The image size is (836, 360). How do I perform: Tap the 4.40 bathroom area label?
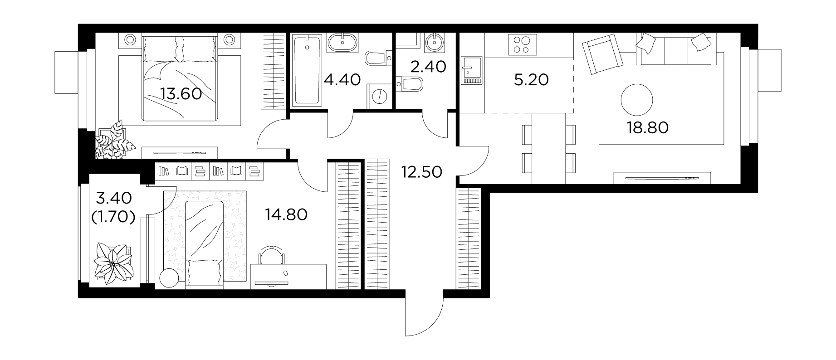342,80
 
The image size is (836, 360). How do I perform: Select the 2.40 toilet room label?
428,67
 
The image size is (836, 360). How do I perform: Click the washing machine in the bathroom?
378,96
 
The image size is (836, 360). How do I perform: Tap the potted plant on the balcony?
114,264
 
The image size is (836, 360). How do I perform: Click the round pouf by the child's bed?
170,277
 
